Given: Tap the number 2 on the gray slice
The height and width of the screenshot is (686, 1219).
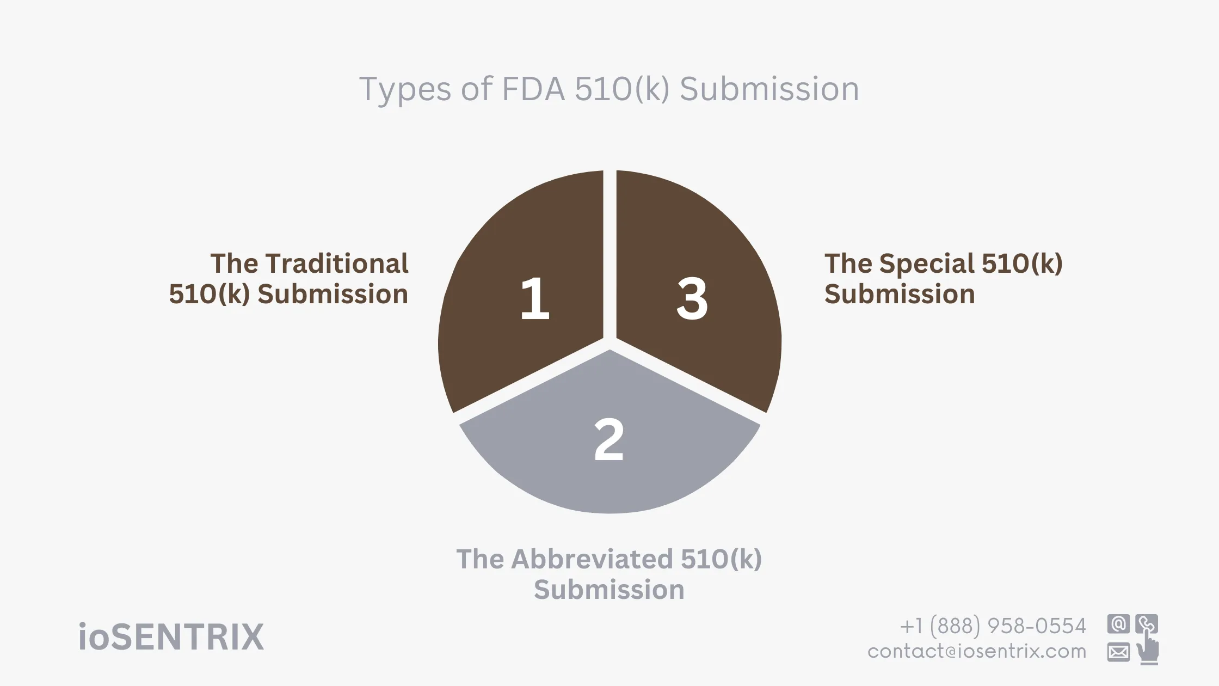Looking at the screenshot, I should pyautogui.click(x=609, y=439).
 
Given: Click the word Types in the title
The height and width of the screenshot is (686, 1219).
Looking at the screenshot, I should pyautogui.click(x=405, y=89).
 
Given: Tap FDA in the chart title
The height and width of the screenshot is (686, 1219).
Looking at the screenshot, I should pyautogui.click(x=533, y=89).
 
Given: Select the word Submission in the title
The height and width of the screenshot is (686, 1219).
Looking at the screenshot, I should pyautogui.click(x=769, y=89).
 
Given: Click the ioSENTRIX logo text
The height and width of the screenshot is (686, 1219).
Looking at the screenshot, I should pyautogui.click(x=171, y=637).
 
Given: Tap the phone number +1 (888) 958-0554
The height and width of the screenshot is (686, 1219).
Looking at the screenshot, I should pyautogui.click(x=993, y=626).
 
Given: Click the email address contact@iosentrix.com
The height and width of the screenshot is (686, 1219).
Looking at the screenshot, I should pyautogui.click(x=976, y=651).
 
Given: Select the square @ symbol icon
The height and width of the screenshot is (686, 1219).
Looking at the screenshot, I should pyautogui.click(x=1118, y=624).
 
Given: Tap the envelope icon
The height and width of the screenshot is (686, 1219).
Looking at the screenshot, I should pyautogui.click(x=1118, y=652).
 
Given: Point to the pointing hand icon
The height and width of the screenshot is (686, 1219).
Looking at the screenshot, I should pyautogui.click(x=1148, y=649).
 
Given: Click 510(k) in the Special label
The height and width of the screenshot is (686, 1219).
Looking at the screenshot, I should pyautogui.click(x=1021, y=264).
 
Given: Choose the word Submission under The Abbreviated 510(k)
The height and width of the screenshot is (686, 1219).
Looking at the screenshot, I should pyautogui.click(x=609, y=590).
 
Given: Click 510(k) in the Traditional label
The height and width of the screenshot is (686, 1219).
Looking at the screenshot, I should pyautogui.click(x=209, y=294).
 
